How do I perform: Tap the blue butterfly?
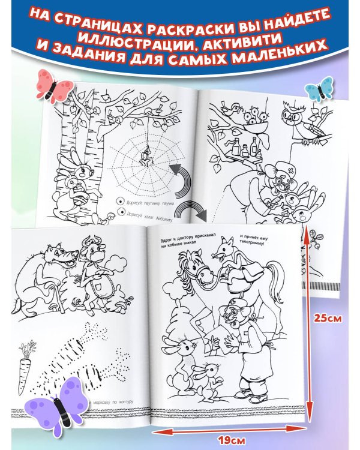point(319,88)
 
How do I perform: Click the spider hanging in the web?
point(145,158)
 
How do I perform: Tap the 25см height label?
point(332,319)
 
